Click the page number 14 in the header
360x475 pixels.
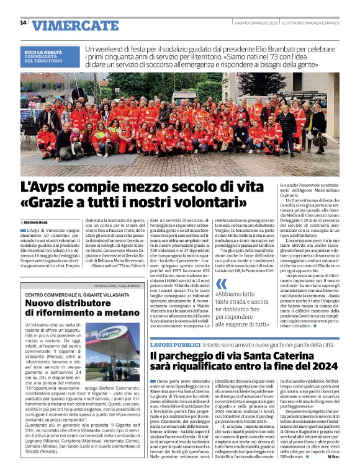[x=23, y=23]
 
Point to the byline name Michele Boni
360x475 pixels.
[x=36, y=221]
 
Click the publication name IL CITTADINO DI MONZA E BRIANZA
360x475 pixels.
[x=312, y=23]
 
